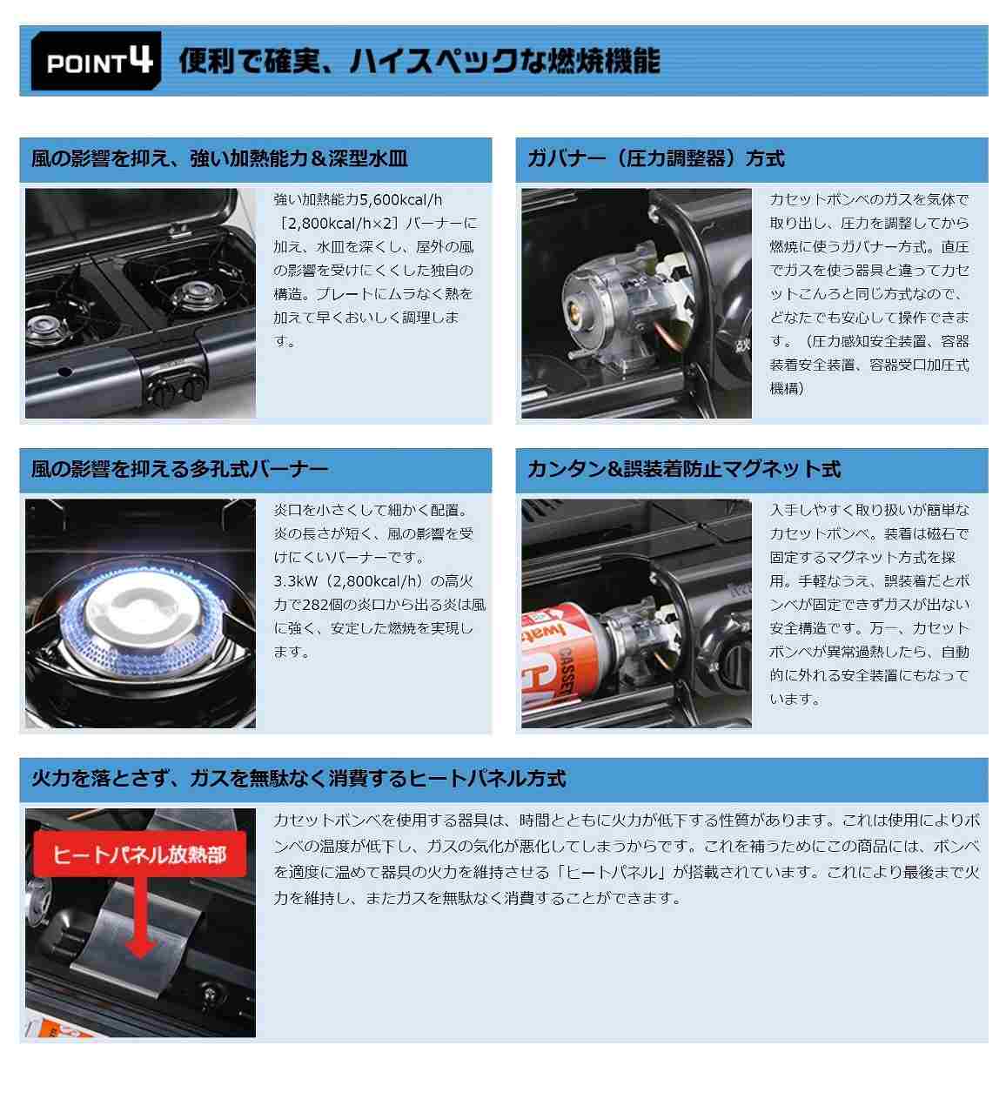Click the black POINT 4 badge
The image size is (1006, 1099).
click(x=96, y=60)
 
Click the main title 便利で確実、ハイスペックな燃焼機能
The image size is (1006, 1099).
click(x=419, y=61)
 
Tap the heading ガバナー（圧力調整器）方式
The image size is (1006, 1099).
click(x=655, y=159)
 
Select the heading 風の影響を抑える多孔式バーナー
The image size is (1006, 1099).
click(x=180, y=470)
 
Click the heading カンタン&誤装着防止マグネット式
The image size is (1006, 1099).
click(x=684, y=470)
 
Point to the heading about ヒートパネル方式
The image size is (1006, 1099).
click(x=298, y=779)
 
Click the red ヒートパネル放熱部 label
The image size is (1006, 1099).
click(x=139, y=855)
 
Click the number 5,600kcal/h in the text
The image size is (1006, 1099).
click(x=400, y=200)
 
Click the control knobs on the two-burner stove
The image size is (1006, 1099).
click(x=177, y=388)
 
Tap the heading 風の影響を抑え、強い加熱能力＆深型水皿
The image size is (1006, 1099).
click(x=219, y=159)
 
